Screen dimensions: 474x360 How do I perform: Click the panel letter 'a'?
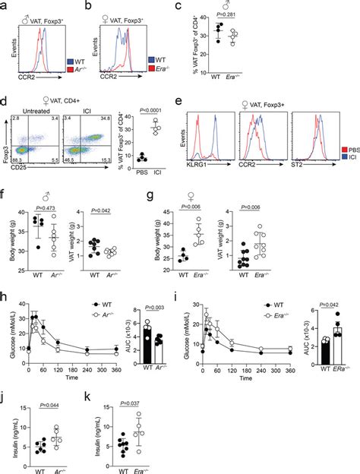pos(5,6)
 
